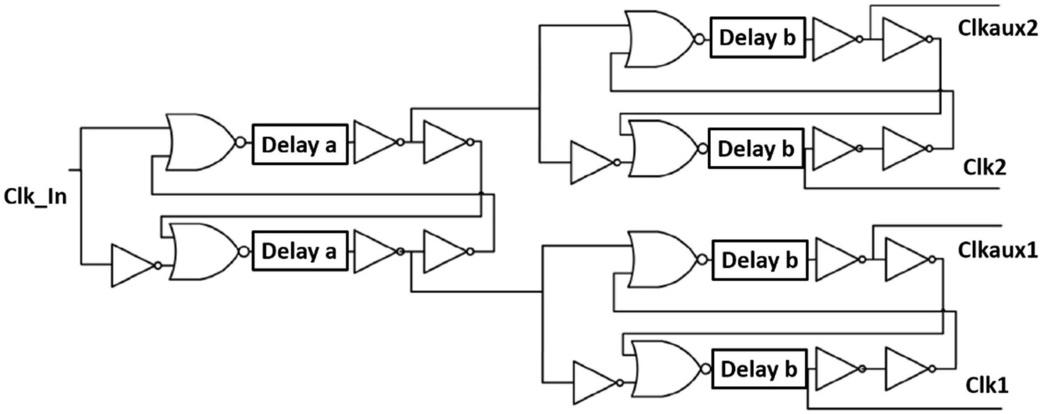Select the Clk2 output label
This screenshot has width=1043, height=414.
[984, 167]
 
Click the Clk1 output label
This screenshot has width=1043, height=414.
[986, 386]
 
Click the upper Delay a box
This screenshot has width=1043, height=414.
[299, 144]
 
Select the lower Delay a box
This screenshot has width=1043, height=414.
[299, 251]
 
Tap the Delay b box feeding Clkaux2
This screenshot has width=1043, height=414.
[757, 38]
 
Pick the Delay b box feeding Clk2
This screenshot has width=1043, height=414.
[755, 149]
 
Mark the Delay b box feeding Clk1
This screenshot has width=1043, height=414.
[759, 369]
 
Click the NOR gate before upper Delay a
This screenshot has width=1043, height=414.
[199, 142]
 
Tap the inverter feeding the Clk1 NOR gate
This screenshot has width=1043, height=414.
[593, 383]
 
